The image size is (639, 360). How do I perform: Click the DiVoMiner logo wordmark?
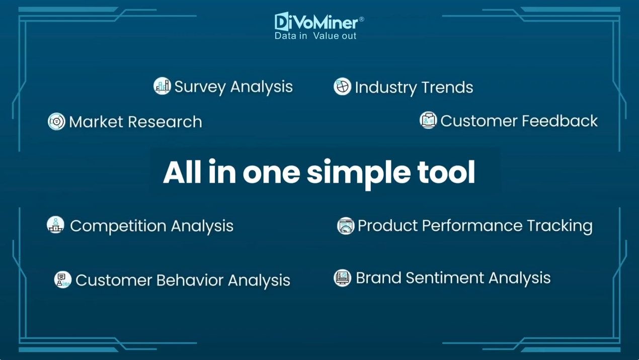[319, 22]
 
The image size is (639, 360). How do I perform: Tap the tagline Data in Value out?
[315, 36]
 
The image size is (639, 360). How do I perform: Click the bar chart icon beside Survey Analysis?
[162, 86]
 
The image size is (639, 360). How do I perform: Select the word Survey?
[200, 86]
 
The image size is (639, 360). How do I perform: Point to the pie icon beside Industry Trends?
[342, 86]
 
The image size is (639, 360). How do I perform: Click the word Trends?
[447, 87]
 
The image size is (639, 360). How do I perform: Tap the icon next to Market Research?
[56, 122]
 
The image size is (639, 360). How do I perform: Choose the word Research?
[165, 122]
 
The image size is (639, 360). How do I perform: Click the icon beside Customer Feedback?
[428, 120]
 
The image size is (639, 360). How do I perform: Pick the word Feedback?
[560, 121]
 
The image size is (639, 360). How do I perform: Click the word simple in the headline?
[359, 173]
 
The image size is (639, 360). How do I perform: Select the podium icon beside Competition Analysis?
[55, 225]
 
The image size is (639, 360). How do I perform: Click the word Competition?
[118, 226]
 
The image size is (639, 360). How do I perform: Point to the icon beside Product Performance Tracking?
[346, 226]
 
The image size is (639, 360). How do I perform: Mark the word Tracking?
[560, 226]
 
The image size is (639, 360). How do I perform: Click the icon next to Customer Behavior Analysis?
[63, 280]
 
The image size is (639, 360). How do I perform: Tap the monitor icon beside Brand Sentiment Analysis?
[342, 278]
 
